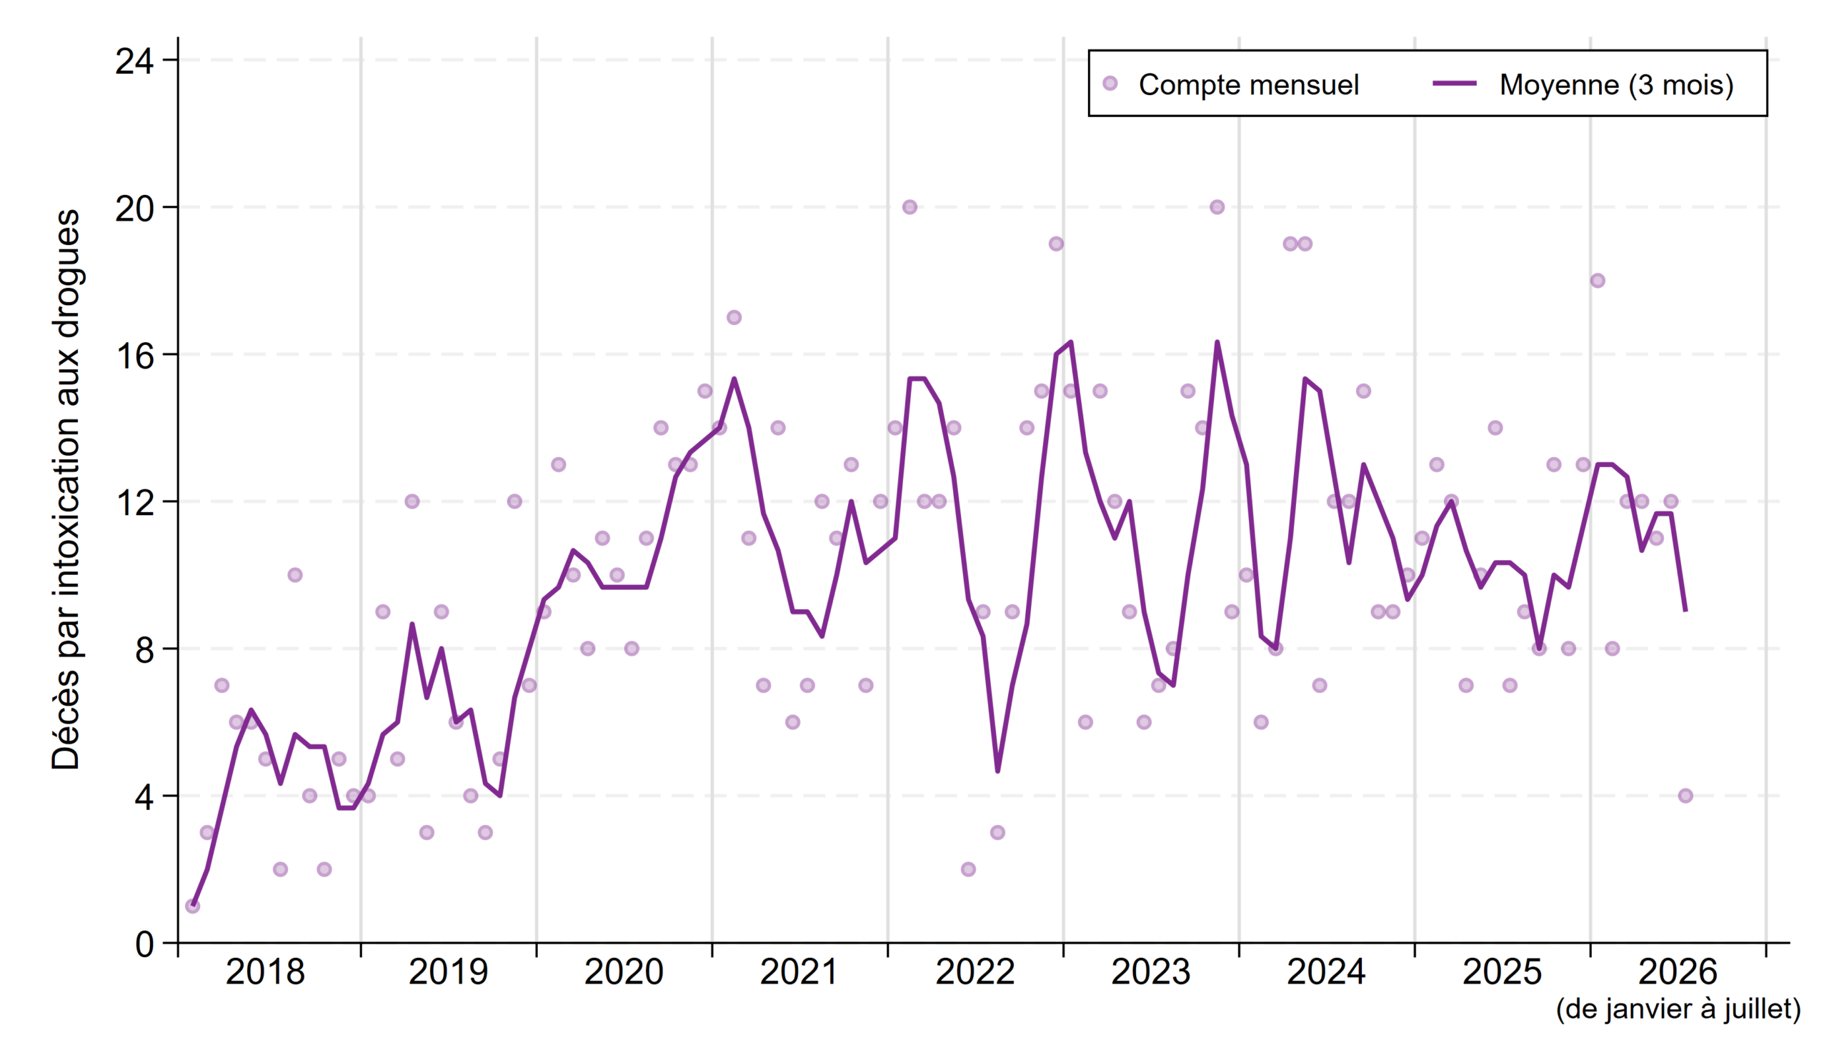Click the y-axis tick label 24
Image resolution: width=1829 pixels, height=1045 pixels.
coord(134,61)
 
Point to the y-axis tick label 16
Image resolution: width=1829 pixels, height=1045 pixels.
coord(134,355)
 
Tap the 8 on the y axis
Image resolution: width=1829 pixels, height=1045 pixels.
coord(144,649)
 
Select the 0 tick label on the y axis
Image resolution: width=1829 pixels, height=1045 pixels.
coord(144,944)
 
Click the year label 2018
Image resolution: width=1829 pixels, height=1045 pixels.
coord(265,973)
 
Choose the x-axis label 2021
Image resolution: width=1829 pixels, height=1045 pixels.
coord(799,973)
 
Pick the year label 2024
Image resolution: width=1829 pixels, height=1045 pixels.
coord(1326,973)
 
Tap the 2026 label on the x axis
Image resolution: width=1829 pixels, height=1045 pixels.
coord(1678,973)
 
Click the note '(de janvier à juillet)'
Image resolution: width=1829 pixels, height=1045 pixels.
coord(1678,1009)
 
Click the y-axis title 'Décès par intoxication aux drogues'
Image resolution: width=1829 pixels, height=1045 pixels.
coord(66,489)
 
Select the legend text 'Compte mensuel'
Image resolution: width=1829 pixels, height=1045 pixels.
coord(1249,85)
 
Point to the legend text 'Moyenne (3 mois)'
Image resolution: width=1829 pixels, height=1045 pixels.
coord(1617,85)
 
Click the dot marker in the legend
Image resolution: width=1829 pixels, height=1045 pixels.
coord(1110,84)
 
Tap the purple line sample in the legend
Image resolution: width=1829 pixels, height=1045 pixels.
coord(1455,84)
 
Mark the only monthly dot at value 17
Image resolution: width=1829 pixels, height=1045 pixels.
coord(734,317)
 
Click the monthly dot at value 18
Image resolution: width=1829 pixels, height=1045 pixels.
coord(1597,281)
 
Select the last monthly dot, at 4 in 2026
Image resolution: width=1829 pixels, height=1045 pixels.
coord(1685,795)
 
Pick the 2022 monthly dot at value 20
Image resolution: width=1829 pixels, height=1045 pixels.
coord(909,207)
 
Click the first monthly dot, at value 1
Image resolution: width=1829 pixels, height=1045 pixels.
coord(192,906)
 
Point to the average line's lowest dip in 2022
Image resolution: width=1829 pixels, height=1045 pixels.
coord(998,771)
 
